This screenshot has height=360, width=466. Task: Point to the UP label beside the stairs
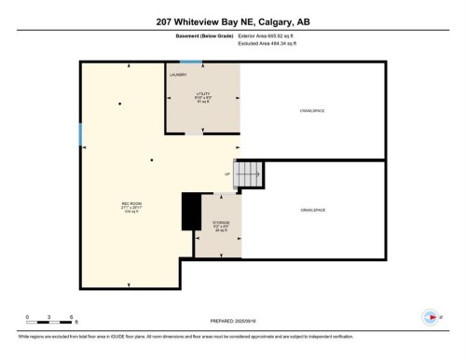226,174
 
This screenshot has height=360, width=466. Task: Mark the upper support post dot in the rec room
120,104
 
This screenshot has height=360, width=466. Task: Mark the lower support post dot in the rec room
151,161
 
